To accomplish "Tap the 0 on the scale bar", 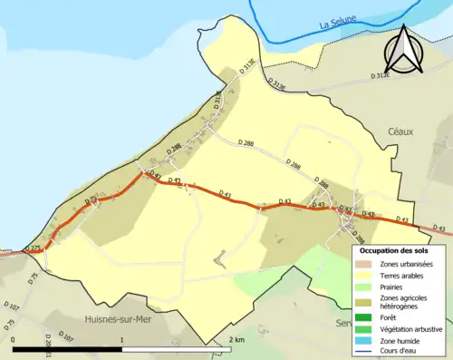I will click(14, 338).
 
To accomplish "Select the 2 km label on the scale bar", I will click(236, 338).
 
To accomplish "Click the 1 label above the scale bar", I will click(122, 338).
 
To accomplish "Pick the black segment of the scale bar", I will click(68, 346).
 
